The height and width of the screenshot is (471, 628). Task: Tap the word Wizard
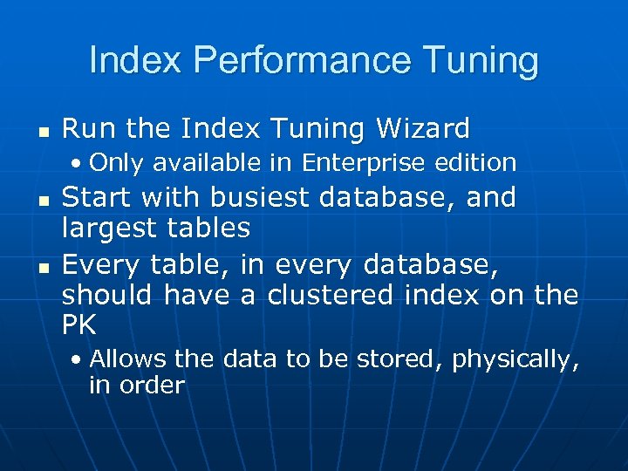pyautogui.click(x=423, y=129)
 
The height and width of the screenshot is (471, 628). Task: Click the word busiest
pyautogui.click(x=261, y=197)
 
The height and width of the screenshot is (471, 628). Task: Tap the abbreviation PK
pyautogui.click(x=78, y=325)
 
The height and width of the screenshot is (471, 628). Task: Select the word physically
pyautogui.click(x=515, y=359)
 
